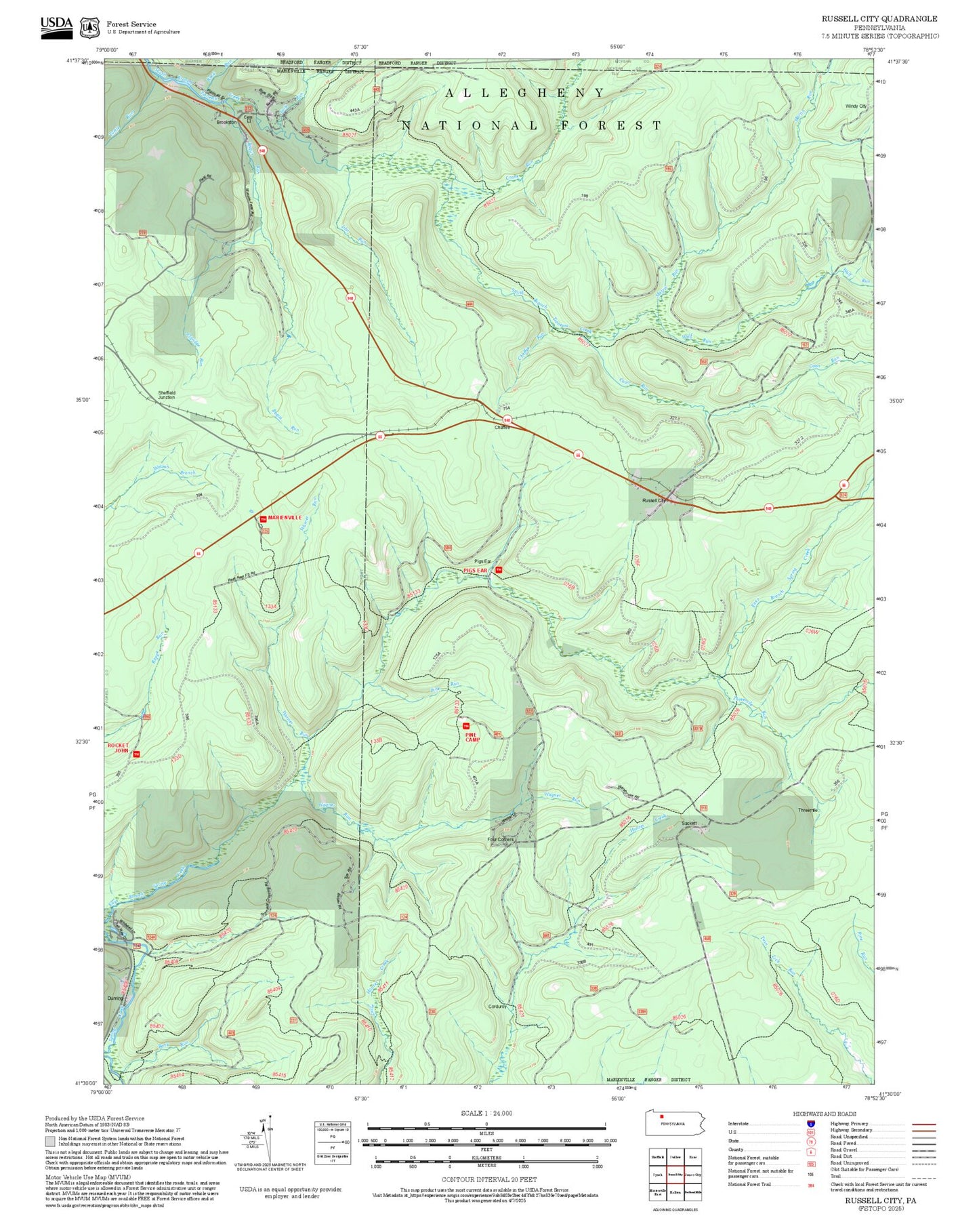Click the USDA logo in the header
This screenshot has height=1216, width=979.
coord(56,26)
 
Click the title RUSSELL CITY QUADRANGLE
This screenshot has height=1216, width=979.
coord(879,19)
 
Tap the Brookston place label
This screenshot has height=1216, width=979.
coord(226,122)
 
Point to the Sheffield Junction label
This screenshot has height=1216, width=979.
coord(167,394)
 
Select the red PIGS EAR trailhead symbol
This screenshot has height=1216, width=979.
coord(499,570)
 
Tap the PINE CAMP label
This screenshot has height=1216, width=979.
coord(472,737)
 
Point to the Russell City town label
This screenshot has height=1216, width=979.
coord(654,500)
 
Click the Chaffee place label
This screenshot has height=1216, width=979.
coord(502,427)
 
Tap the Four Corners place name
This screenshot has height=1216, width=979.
coord(501,839)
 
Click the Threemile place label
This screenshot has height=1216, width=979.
coord(808,810)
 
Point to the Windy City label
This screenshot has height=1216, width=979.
coord(856,106)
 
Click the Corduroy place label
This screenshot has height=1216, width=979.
coord(497,1007)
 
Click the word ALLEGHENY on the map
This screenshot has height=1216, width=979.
coord(524,93)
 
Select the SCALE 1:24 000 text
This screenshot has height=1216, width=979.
coord(486,1113)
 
